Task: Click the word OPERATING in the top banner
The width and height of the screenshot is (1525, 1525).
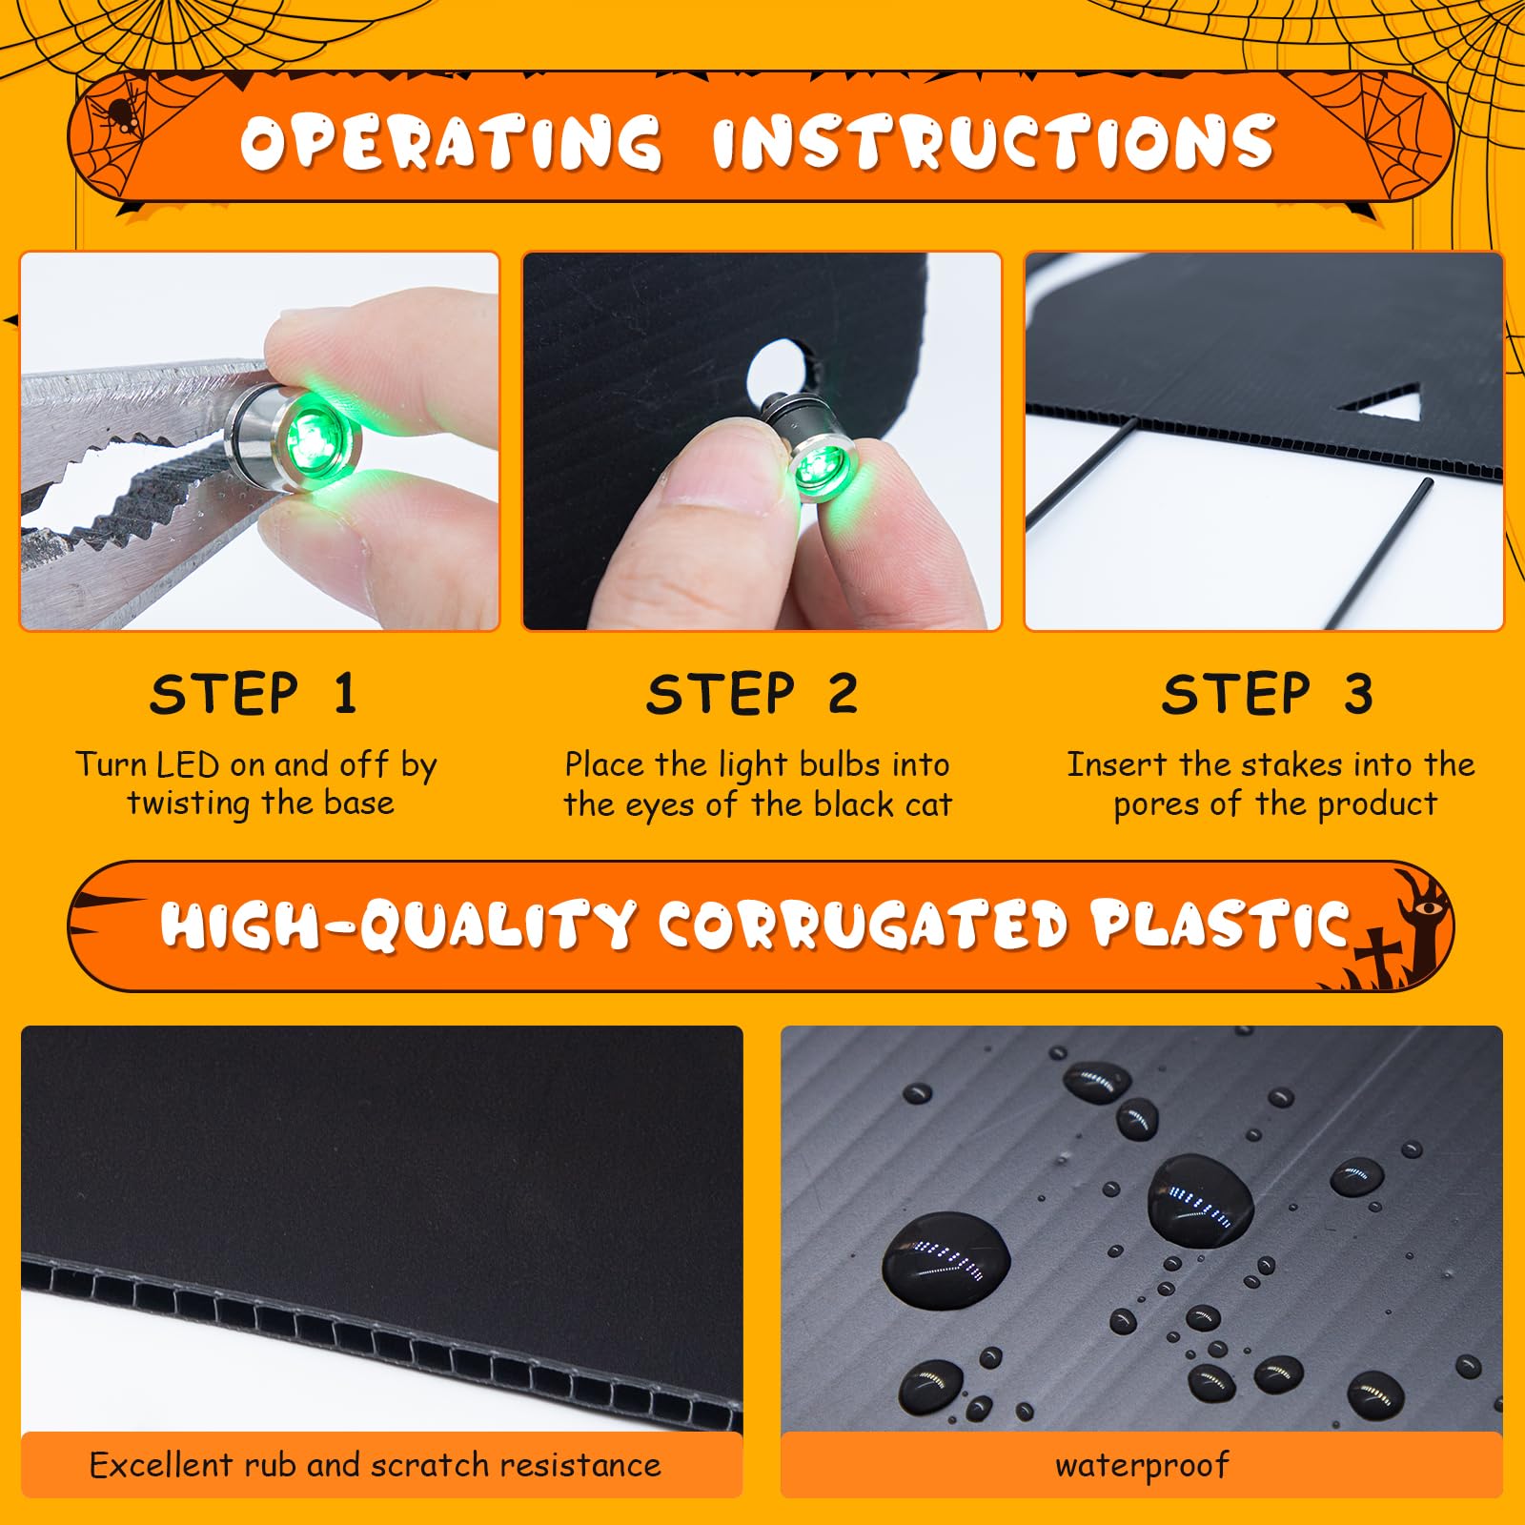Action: (x=451, y=144)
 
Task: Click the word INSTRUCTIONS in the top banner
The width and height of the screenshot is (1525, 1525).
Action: (x=993, y=144)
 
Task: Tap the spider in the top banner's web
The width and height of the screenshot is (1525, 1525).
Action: (x=119, y=113)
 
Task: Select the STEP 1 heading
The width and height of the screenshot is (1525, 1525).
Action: (x=254, y=694)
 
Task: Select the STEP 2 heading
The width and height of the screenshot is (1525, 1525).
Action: (x=752, y=694)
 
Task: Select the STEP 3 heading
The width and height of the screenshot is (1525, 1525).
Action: (x=1267, y=694)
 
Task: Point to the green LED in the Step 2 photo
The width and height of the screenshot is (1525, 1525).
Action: (x=817, y=468)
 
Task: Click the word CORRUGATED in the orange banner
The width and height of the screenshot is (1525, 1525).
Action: (x=864, y=925)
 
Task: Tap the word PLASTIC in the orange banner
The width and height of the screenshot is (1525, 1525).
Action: (x=1222, y=924)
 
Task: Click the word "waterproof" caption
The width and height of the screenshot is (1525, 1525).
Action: (x=1142, y=1466)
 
